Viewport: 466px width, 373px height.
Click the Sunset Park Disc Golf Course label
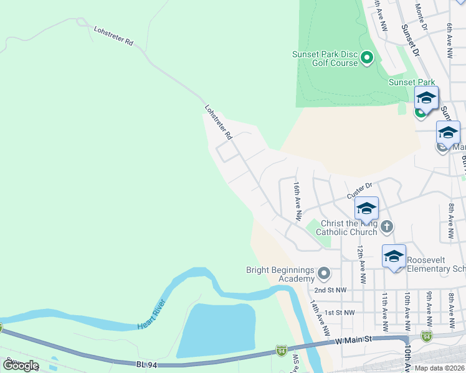(x=325, y=58)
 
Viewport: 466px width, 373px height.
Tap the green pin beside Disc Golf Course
(x=367, y=59)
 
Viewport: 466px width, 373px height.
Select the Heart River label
(x=151, y=314)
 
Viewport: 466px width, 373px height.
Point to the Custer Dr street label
(x=359, y=185)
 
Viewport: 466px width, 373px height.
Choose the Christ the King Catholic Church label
(x=347, y=228)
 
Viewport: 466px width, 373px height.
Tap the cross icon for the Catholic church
(x=386, y=226)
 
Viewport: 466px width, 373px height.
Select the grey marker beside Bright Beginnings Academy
(x=323, y=274)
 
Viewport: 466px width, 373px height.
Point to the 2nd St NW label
(x=330, y=290)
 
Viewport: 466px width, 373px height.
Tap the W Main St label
(x=353, y=339)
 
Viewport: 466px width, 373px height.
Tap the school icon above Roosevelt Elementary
(x=394, y=256)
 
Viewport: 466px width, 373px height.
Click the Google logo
(x=21, y=366)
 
